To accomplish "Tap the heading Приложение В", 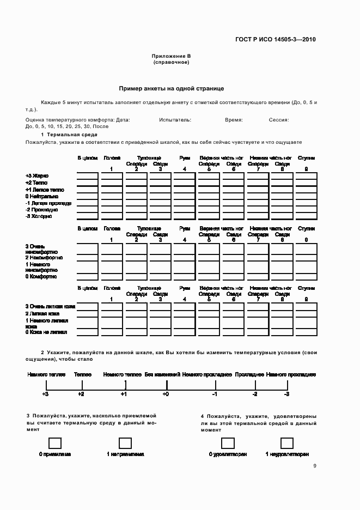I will pyautogui.click(x=171, y=56).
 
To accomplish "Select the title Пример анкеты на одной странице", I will pyautogui.click(x=172, y=88).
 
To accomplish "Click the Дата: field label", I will pyautogui.click(x=123, y=119).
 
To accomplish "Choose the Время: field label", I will pyautogui.click(x=234, y=119).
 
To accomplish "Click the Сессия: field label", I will pyautogui.click(x=278, y=119).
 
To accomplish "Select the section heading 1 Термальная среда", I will pyautogui.click(x=69, y=134).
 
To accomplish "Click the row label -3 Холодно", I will pyautogui.click(x=39, y=216).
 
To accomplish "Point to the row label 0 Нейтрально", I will pyautogui.click(x=41, y=196).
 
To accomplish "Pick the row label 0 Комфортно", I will pyautogui.click(x=41, y=276).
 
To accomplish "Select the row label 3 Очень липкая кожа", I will pyautogui.click(x=50, y=307).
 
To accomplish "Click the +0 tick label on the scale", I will pyautogui.click(x=166, y=393).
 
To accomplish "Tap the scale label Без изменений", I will pyautogui.click(x=163, y=375).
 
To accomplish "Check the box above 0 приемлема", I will pyautogui.click(x=55, y=442).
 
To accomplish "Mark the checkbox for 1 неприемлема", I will pyautogui.click(x=125, y=442).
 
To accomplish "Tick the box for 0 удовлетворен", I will pyautogui.click(x=228, y=442).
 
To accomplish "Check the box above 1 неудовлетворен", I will pyautogui.click(x=287, y=442).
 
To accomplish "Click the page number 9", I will pyautogui.click(x=315, y=465).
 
